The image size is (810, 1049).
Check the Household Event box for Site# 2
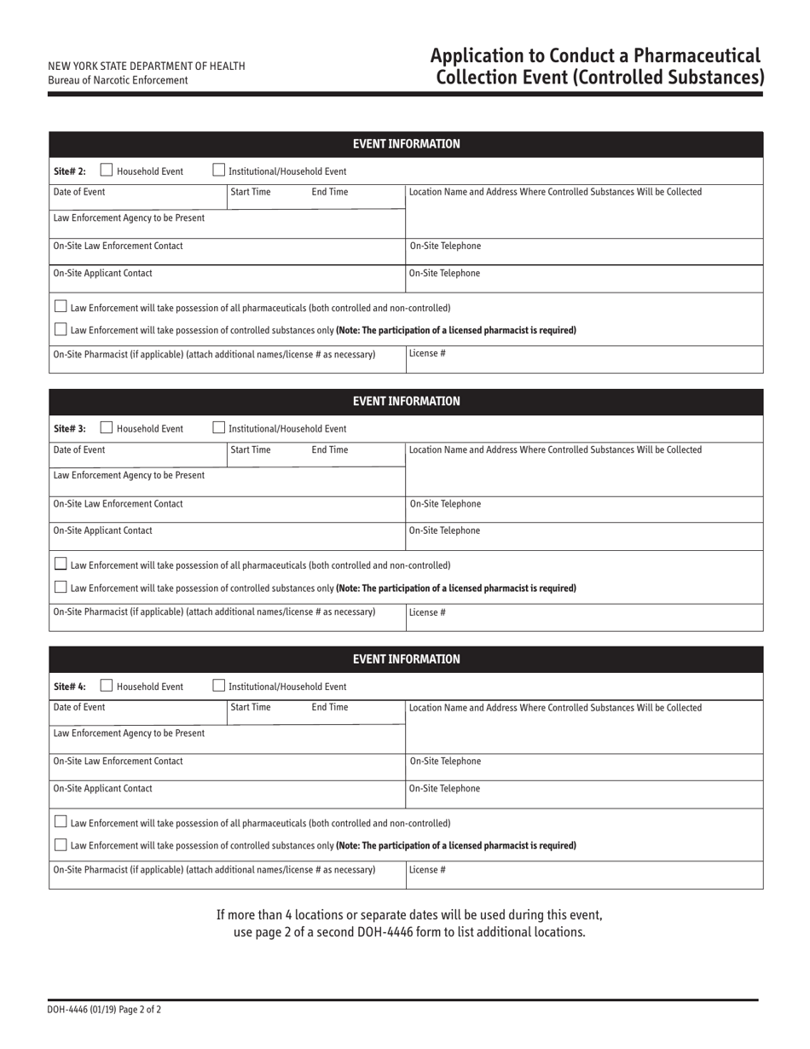click(x=107, y=171)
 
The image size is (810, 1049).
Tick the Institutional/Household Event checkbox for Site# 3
click(x=218, y=428)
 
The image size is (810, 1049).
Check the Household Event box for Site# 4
click(x=107, y=686)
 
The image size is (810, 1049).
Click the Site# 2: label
click(x=70, y=171)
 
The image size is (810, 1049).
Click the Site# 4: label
click(x=70, y=687)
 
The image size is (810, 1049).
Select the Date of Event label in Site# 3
click(x=79, y=449)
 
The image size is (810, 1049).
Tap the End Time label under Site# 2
click(x=330, y=192)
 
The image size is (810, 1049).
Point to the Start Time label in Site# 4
click(x=251, y=707)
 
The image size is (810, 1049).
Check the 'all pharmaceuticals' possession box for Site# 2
click(x=61, y=306)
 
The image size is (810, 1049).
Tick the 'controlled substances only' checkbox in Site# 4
click(x=61, y=844)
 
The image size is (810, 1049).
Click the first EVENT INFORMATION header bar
click(x=406, y=144)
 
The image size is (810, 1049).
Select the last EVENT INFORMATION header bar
click(x=406, y=659)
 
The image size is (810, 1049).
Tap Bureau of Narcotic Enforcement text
click(x=118, y=80)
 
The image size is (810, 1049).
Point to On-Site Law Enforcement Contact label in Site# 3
click(x=118, y=504)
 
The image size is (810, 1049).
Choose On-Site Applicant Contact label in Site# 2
click(x=102, y=274)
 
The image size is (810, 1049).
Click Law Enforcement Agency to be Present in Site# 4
click(x=129, y=733)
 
